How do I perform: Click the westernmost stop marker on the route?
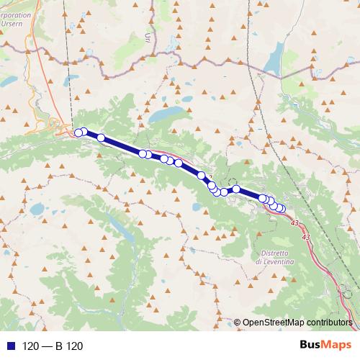(78, 132)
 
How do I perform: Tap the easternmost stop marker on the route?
(281, 210)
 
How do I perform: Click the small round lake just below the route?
(196, 206)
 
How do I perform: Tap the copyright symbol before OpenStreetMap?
(238, 323)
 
